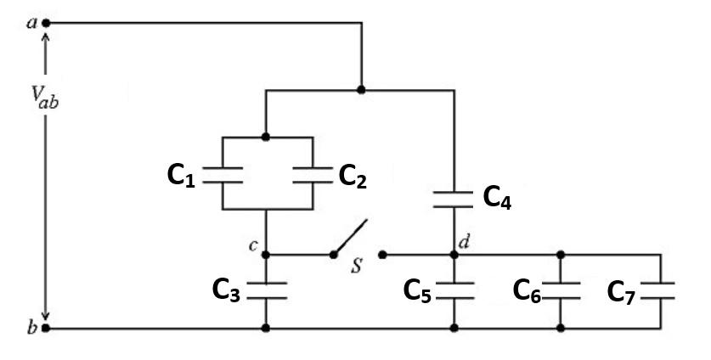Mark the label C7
click(x=622, y=290)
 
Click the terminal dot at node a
click(x=46, y=23)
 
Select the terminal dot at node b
click(x=46, y=327)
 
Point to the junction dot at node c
click(x=266, y=254)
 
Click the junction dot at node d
click(x=454, y=254)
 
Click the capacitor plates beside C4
click(x=454, y=199)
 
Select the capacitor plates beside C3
click(x=266, y=290)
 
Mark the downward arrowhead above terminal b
click(x=46, y=312)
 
